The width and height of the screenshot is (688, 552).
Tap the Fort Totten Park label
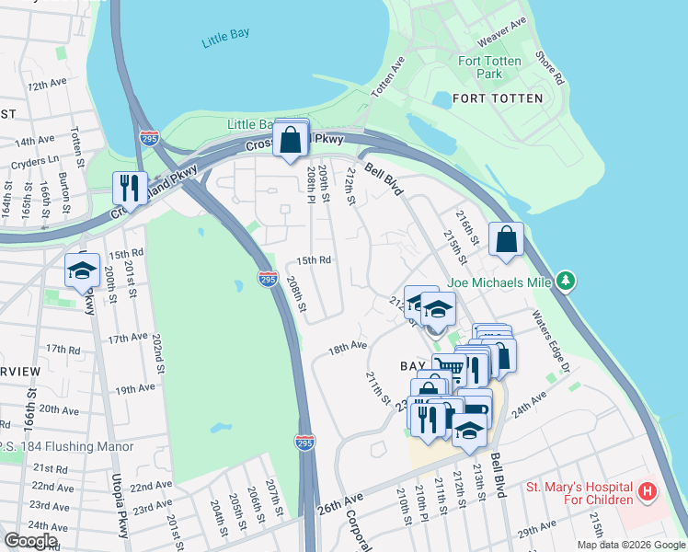click(x=490, y=67)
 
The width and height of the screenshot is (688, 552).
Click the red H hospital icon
click(x=648, y=492)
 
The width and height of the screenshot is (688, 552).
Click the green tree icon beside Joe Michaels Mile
click(x=568, y=280)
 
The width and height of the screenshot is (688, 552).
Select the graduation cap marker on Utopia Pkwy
click(x=81, y=270)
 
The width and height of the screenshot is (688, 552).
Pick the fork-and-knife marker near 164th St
click(x=129, y=189)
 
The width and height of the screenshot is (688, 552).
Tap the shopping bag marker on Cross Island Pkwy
click(x=291, y=140)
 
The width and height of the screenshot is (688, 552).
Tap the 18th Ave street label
click(x=348, y=347)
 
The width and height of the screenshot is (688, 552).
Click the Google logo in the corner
click(x=30, y=540)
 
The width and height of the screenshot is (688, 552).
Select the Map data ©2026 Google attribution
click(x=631, y=545)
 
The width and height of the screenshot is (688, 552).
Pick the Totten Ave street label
click(x=389, y=79)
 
